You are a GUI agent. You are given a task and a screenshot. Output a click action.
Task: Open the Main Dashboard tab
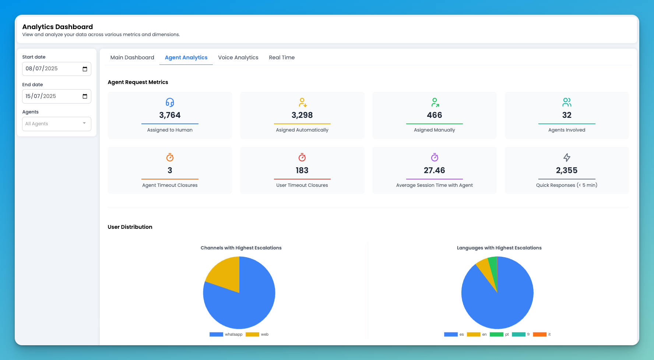132,57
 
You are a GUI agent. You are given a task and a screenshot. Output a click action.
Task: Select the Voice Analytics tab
238,57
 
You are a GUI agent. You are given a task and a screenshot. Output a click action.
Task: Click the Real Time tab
282,57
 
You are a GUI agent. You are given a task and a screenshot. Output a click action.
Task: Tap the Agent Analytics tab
186,57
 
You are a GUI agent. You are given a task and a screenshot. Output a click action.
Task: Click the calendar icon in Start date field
85,69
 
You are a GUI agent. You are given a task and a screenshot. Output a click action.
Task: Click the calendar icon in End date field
85,97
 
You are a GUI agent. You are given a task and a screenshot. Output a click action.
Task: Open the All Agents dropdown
56,124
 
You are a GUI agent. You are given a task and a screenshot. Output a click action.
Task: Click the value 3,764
170,115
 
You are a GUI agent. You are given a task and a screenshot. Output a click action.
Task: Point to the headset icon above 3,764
170,102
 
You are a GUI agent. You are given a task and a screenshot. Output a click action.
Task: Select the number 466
434,115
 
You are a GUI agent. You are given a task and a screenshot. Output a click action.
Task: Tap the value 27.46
434,171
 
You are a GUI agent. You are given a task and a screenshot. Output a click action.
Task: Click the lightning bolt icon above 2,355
567,157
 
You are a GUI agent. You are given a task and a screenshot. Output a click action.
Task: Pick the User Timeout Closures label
302,185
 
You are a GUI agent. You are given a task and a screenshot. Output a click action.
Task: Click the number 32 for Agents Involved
567,115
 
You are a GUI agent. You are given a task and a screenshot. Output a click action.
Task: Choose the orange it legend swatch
539,335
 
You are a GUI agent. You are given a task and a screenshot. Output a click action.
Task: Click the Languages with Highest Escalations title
499,248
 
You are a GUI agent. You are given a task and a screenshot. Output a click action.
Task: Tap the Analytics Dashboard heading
57,27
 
